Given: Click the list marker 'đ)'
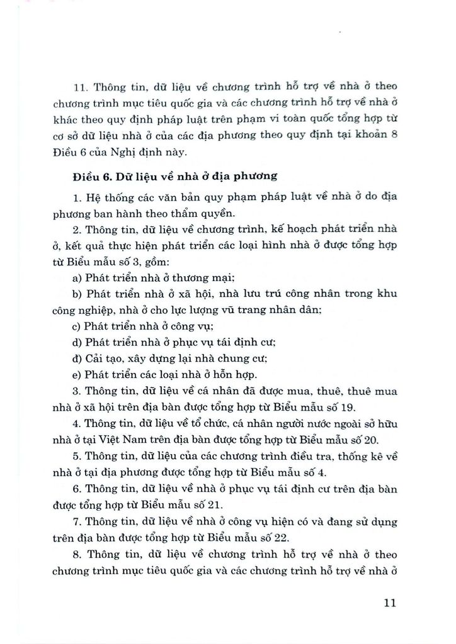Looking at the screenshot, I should click(x=77, y=359).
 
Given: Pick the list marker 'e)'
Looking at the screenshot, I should click(x=77, y=375).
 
